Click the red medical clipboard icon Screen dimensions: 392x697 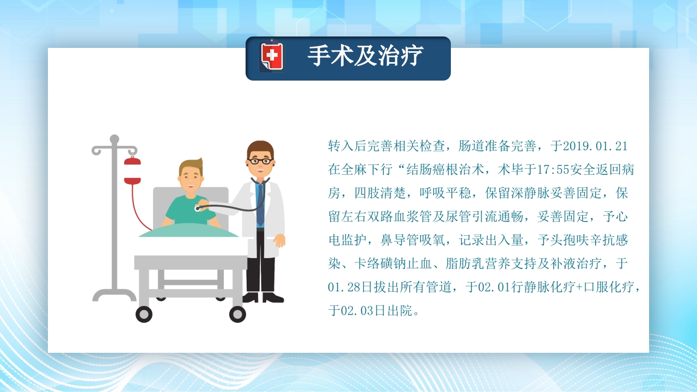[272, 57]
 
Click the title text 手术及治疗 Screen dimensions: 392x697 [365, 56]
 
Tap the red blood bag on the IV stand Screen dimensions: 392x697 [132, 170]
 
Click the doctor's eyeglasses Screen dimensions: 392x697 [260, 161]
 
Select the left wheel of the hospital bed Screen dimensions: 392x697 [144, 314]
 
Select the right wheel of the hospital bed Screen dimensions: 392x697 [237, 314]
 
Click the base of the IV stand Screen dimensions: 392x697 [114, 295]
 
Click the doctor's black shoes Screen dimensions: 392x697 [263, 297]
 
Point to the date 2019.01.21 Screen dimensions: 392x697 [595, 146]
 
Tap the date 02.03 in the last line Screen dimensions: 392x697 [359, 310]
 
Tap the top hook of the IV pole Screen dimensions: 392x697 [114, 139]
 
